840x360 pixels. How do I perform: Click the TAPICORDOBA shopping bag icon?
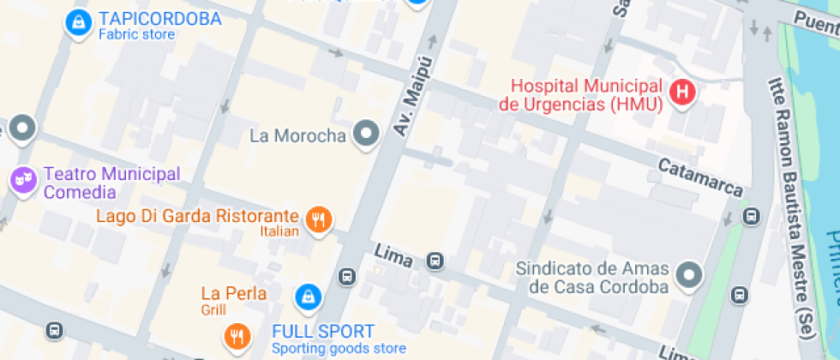point(78,22)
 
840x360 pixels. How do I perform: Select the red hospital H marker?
point(682,92)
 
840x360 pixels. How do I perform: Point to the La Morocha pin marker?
point(368,134)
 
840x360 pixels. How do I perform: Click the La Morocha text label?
point(297,135)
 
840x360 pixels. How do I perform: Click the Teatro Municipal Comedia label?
point(111,183)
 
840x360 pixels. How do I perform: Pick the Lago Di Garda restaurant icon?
point(319,219)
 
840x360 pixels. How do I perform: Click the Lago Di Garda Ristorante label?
point(197,216)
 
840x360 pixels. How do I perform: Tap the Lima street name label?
point(394,255)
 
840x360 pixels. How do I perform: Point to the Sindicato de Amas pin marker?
point(688,275)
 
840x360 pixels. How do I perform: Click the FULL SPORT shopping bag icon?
point(307,297)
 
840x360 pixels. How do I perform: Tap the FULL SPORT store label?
point(323,332)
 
